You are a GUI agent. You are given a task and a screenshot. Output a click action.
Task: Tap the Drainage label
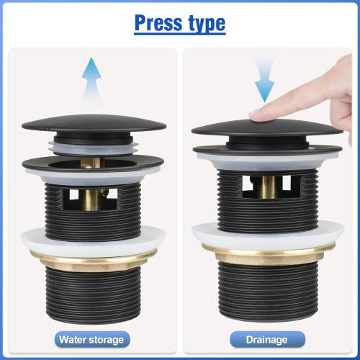tap(268, 338)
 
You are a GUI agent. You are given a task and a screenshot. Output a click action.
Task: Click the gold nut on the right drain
tap(267, 251)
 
